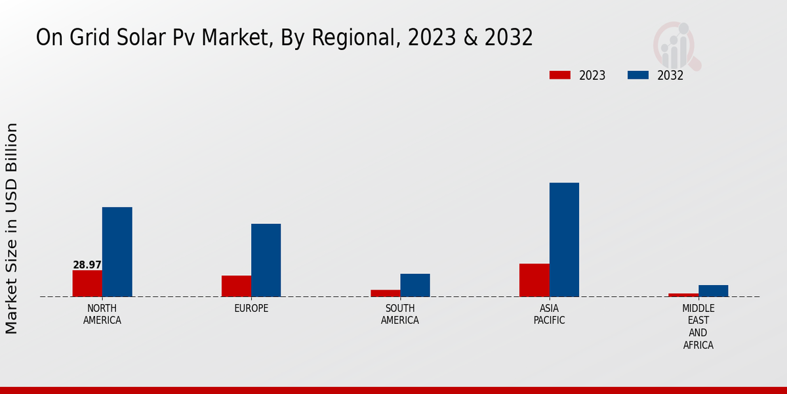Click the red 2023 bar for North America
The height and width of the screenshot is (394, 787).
coord(87,283)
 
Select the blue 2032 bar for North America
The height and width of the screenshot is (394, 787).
coord(117,252)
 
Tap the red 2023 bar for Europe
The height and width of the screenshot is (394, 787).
coord(236,286)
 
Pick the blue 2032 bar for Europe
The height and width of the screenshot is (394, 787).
coord(266,260)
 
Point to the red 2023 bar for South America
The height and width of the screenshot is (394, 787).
coord(385,293)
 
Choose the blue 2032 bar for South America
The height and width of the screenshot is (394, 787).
coord(415,285)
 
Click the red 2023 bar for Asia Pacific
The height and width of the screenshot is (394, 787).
coord(534,280)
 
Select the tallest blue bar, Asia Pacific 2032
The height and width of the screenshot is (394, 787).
coord(564,239)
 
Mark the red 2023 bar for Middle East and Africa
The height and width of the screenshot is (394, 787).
coord(683,295)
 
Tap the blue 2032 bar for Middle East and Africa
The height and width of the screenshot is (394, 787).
coord(713,290)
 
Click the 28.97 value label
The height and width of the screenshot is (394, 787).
coord(87,265)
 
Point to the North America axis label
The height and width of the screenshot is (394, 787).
coord(102,315)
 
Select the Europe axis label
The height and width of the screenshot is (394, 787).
coord(251,309)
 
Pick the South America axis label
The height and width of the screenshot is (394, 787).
coord(400,315)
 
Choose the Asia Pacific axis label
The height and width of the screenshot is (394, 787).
coord(549,315)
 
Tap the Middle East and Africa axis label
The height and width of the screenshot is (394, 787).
coord(698,326)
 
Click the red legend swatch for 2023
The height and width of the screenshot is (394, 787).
coord(559,76)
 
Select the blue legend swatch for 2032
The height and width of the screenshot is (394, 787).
coord(637,76)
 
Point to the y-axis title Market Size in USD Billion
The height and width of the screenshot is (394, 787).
coord(12,228)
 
